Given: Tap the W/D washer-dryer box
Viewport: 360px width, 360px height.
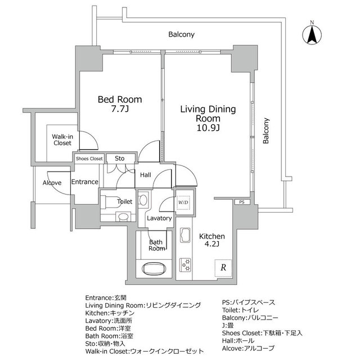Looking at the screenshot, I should tap(183, 202).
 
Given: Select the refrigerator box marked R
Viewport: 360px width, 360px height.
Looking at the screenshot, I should tap(223, 268).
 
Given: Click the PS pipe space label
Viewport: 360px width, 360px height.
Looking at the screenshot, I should tap(241, 201).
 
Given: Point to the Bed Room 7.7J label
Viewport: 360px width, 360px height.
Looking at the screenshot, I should tap(120, 105).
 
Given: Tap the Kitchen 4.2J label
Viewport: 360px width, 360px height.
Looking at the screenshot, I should tap(213, 241).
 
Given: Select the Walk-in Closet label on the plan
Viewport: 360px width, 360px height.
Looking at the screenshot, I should tap(62, 139).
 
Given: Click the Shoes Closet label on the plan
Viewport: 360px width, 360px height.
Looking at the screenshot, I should tap(89, 159).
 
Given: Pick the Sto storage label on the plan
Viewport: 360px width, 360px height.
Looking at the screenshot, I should tap(119, 159).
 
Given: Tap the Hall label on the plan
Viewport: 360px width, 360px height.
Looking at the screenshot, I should tap(145, 175).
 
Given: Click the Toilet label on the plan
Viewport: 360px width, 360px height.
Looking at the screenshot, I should tap(124, 201).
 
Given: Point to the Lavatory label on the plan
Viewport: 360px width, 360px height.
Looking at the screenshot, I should tap(159, 218).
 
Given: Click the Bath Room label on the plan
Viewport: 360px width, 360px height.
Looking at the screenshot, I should tap(157, 245).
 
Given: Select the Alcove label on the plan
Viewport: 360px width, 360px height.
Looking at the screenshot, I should tap(52, 183).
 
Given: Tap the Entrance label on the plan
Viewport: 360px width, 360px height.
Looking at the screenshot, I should tap(85, 182).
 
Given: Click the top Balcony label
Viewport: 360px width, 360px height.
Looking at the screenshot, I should tap(181, 34).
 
